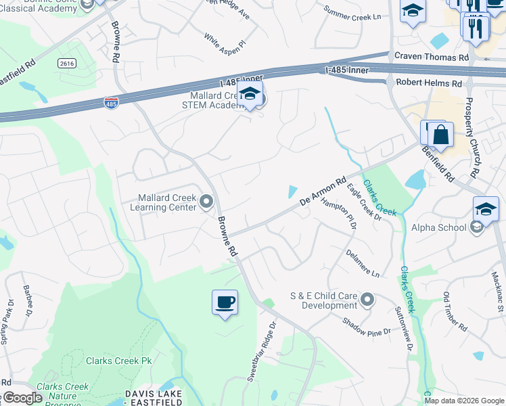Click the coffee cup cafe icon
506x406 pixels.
225,302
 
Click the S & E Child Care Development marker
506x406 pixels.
367,299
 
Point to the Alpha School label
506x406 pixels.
438,227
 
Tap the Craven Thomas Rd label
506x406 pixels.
432,58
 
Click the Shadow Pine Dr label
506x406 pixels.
366,328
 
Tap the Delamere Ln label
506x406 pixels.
363,264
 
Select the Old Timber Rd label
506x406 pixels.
455,311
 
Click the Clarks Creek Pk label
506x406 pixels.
119,361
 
